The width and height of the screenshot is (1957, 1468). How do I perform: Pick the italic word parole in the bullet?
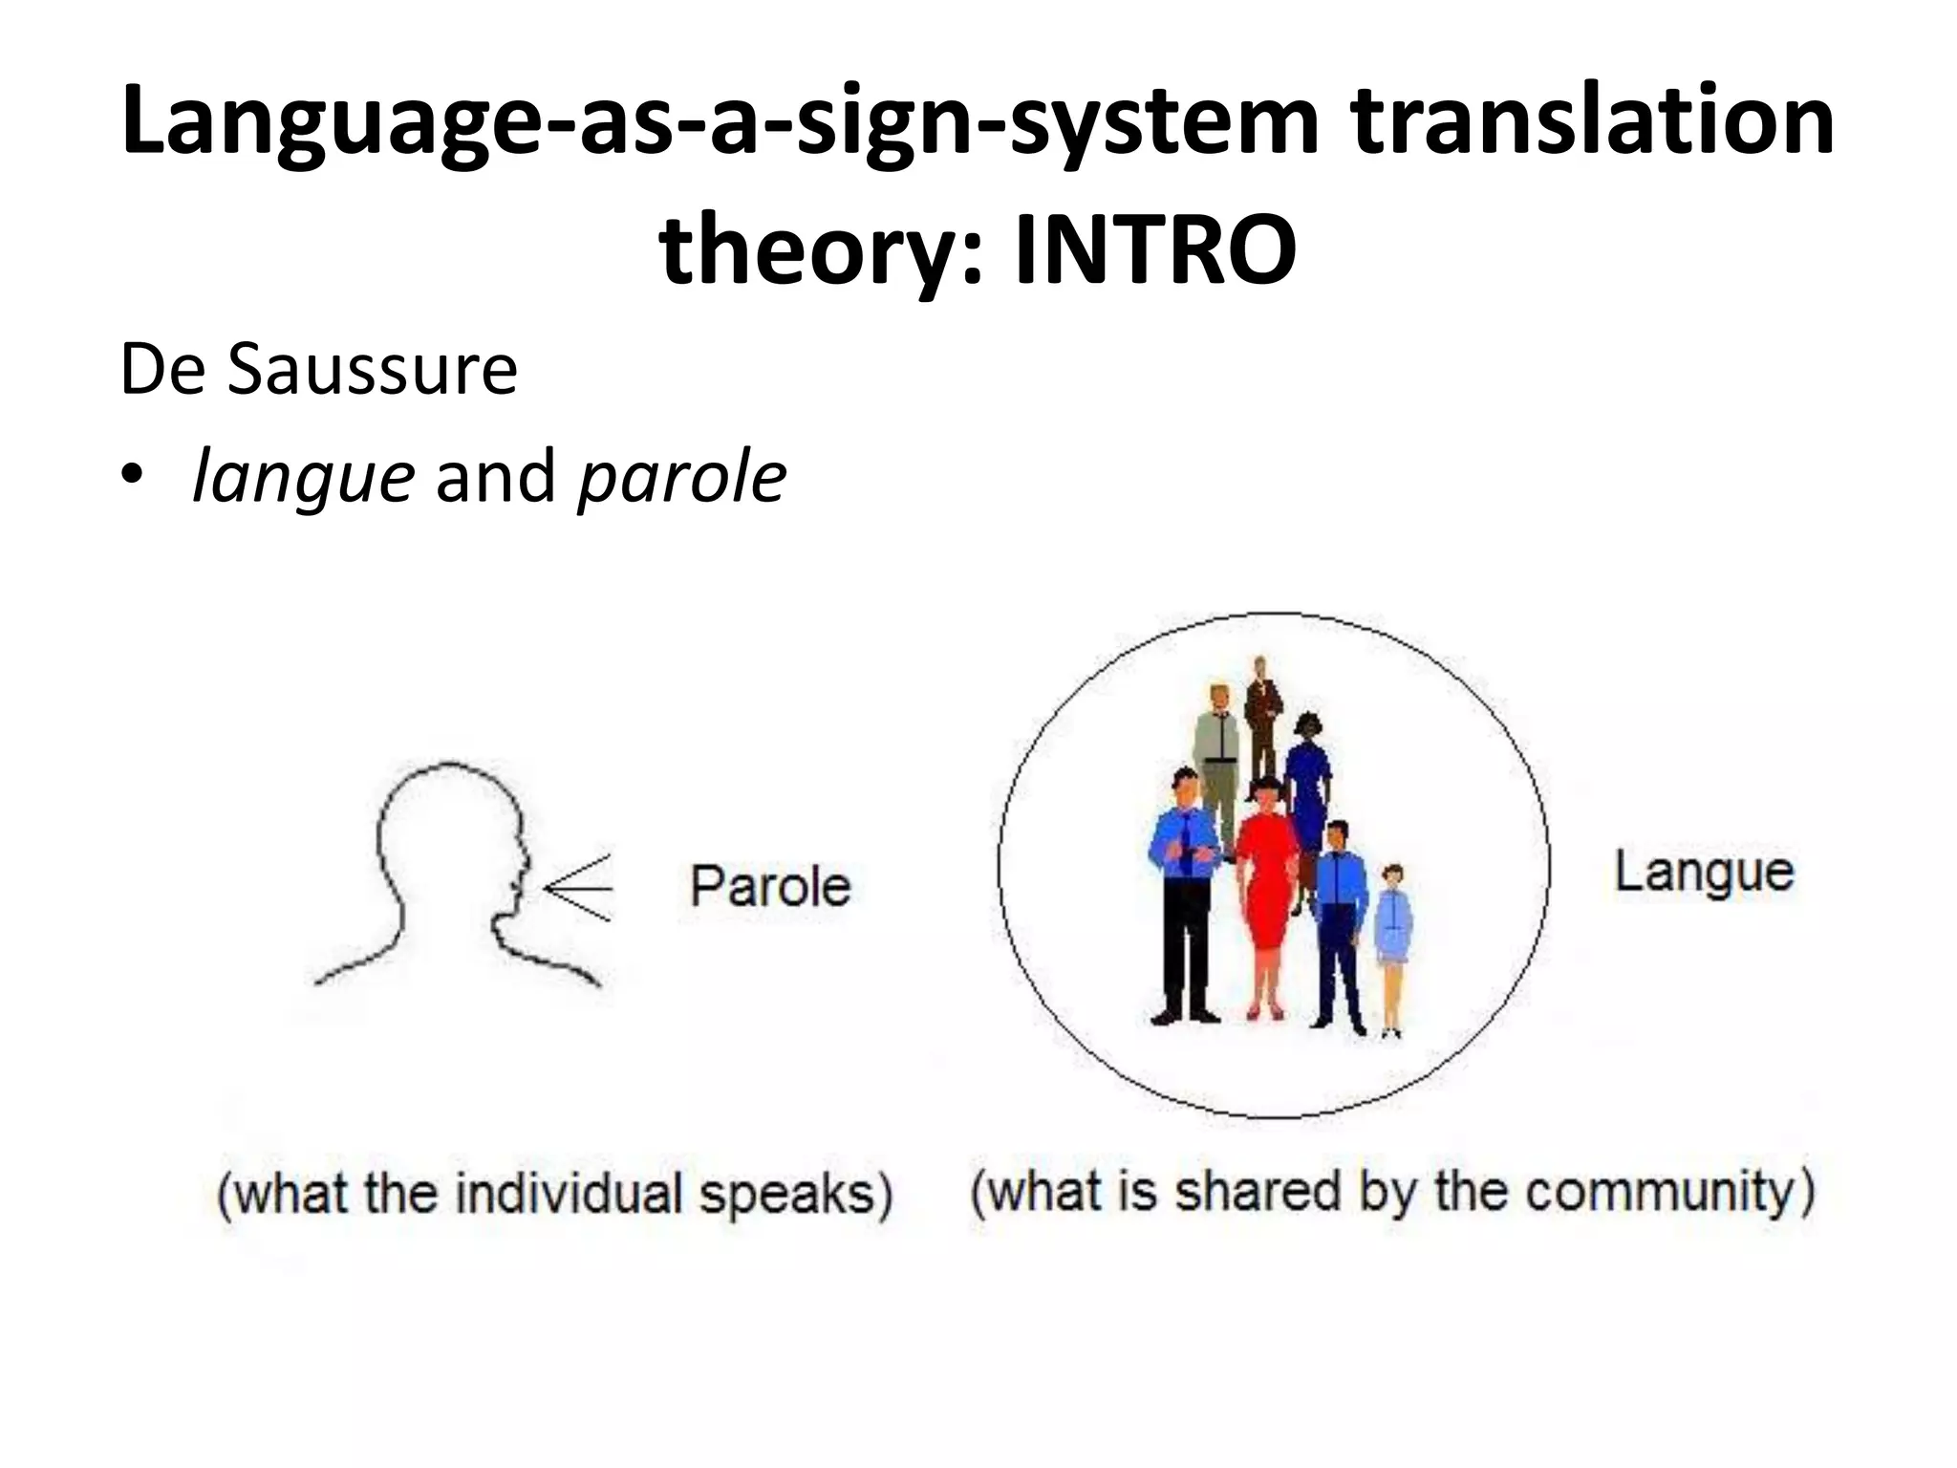[x=682, y=477]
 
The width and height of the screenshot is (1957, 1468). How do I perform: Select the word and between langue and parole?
[x=495, y=477]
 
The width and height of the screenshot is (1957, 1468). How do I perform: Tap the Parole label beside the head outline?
[x=770, y=886]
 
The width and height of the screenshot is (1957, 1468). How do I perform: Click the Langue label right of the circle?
[x=1704, y=872]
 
